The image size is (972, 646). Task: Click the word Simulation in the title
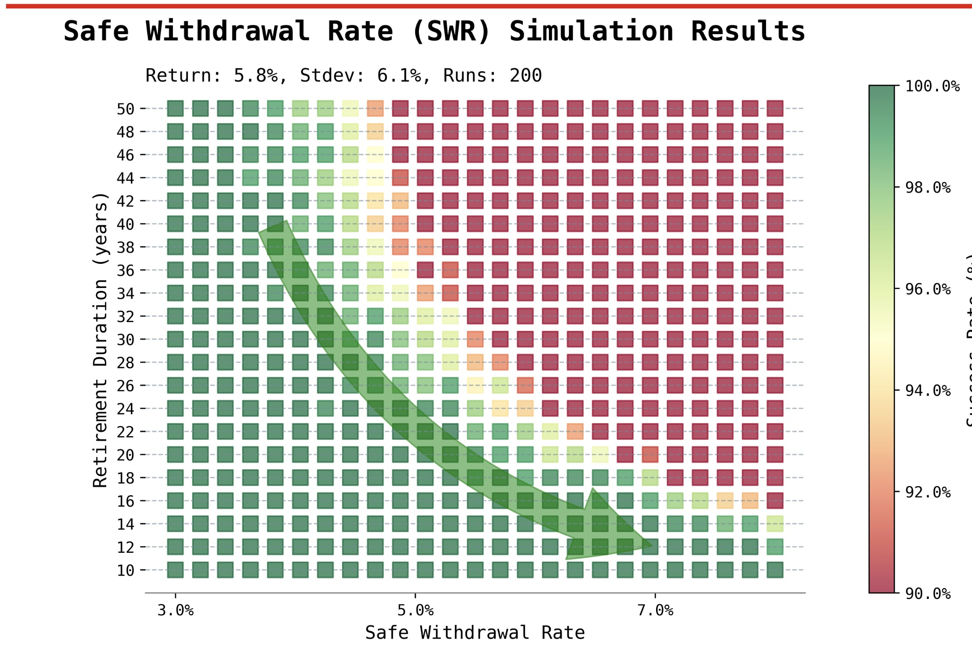[x=591, y=32]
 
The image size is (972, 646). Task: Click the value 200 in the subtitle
[x=526, y=76]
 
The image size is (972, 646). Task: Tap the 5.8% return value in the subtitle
[x=255, y=76]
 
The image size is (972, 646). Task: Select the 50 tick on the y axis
[x=125, y=109]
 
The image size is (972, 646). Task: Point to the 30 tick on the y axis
[x=125, y=340]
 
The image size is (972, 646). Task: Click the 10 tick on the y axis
[x=125, y=570]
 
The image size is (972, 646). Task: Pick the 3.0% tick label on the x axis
[x=175, y=611]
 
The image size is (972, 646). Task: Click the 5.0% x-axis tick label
[x=415, y=611]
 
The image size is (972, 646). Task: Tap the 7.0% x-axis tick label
[x=655, y=611]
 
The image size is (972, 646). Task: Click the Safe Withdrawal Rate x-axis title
[x=474, y=633]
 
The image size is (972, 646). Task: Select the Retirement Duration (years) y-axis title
[x=100, y=340]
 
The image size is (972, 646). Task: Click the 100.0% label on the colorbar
[x=932, y=86]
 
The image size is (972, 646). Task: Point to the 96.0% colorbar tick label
[x=927, y=289]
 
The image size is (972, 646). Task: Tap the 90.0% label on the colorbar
[x=927, y=594]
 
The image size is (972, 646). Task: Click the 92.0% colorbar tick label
[x=927, y=492]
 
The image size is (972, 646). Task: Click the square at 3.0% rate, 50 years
[x=175, y=109]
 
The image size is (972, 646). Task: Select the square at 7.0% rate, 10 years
[x=650, y=570]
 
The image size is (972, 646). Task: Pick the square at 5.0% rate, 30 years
[x=400, y=339]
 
